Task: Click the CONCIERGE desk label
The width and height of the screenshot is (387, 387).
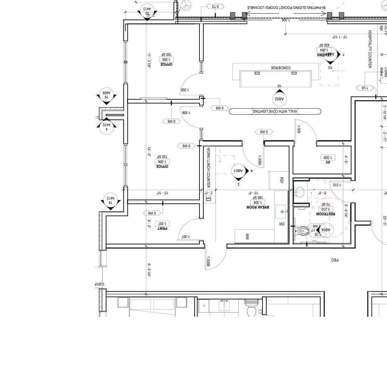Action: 281,68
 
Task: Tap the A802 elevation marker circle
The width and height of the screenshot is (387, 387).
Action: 279,99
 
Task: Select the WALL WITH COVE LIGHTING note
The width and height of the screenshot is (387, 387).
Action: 275,111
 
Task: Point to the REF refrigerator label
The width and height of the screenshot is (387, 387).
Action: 281,180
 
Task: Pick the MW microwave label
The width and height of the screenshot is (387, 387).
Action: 247,237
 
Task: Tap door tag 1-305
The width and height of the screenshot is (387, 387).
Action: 185,90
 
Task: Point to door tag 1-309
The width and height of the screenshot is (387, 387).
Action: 299,129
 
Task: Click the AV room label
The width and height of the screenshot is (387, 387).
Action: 327,162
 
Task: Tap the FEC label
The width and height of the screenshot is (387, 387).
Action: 335,260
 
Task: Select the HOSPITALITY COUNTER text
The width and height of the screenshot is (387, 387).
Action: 370,49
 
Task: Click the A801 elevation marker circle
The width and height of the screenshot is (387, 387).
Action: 238,171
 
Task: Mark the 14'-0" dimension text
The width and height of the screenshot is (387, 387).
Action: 149,152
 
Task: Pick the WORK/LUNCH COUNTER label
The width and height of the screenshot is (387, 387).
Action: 208,167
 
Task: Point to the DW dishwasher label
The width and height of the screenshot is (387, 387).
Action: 281,224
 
